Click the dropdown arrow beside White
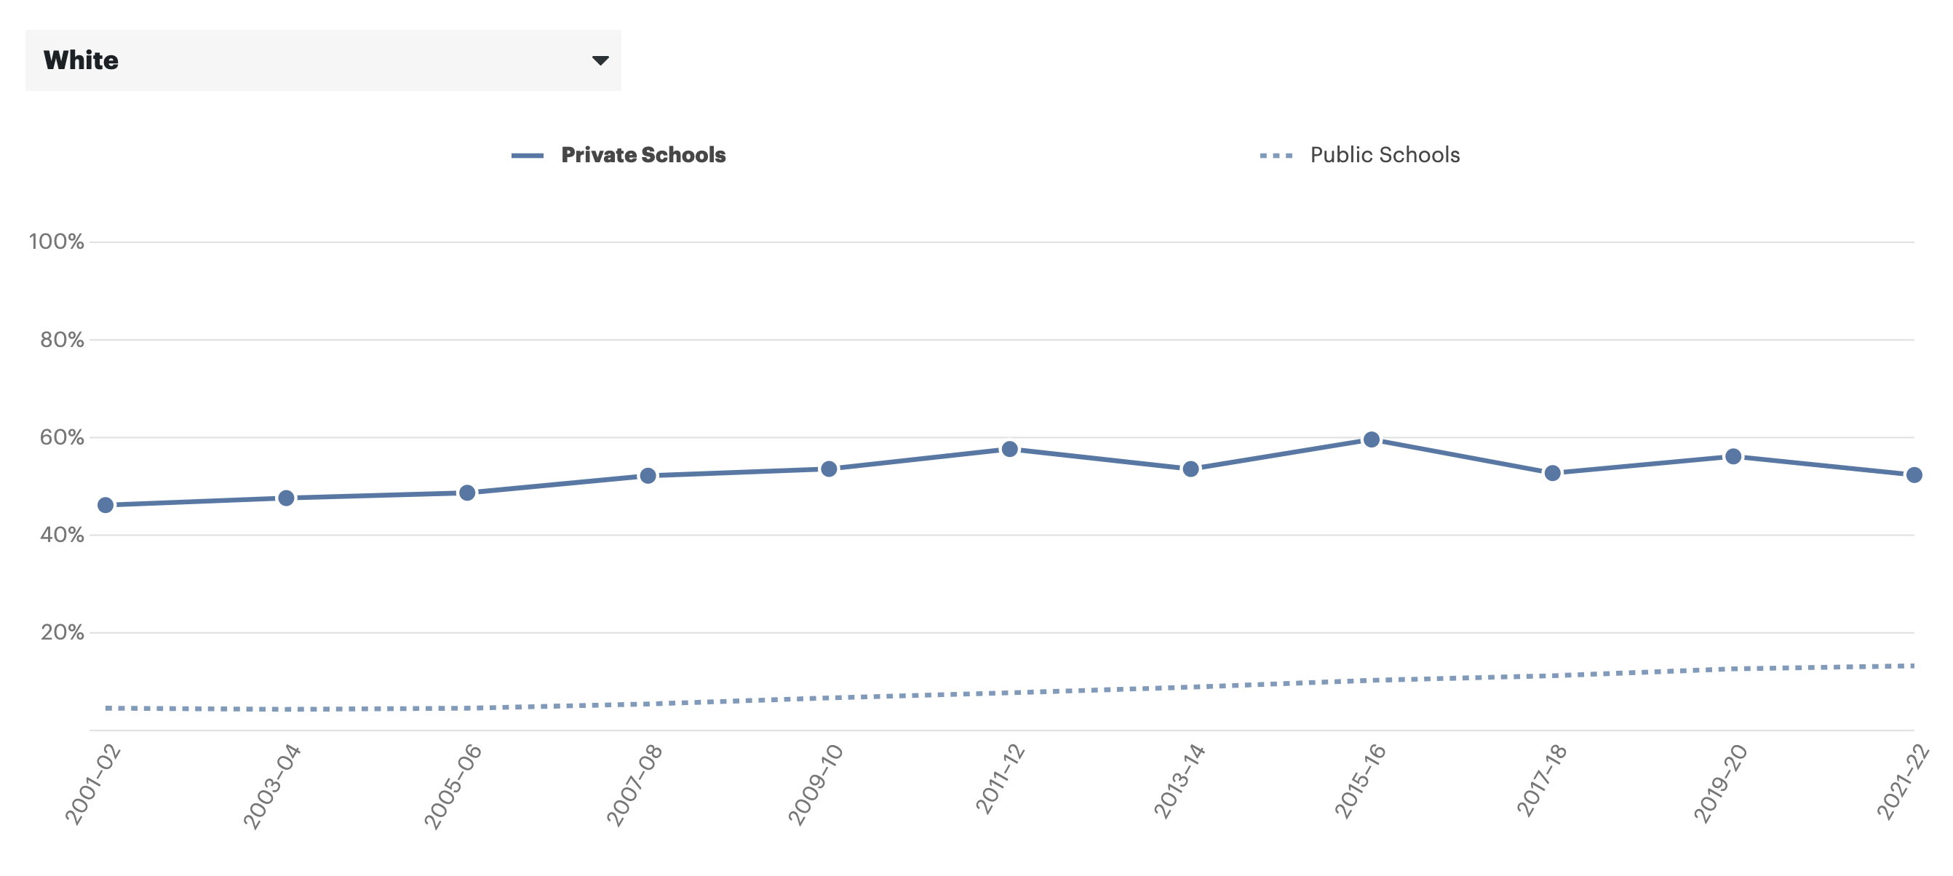pyautogui.click(x=600, y=60)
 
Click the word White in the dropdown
pyautogui.click(x=81, y=60)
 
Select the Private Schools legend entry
pyautogui.click(x=643, y=156)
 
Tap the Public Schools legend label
pyautogui.click(x=1385, y=156)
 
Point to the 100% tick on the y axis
pyautogui.click(x=56, y=242)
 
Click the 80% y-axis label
pyautogui.click(x=61, y=340)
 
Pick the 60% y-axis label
pyautogui.click(x=61, y=437)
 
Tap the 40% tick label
pyautogui.click(x=61, y=535)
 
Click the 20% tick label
pyautogui.click(x=61, y=632)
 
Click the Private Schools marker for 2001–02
pyautogui.click(x=106, y=505)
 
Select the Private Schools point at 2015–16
pyautogui.click(x=1371, y=439)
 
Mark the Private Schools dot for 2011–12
pyautogui.click(x=1009, y=450)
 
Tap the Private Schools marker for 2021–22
pyautogui.click(x=1913, y=475)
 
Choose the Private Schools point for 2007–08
pyautogui.click(x=648, y=476)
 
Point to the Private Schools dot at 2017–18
pyautogui.click(x=1552, y=473)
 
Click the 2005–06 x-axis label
pyautogui.click(x=453, y=786)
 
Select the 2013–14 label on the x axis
pyautogui.click(x=1179, y=781)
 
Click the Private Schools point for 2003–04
pyautogui.click(x=286, y=498)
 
